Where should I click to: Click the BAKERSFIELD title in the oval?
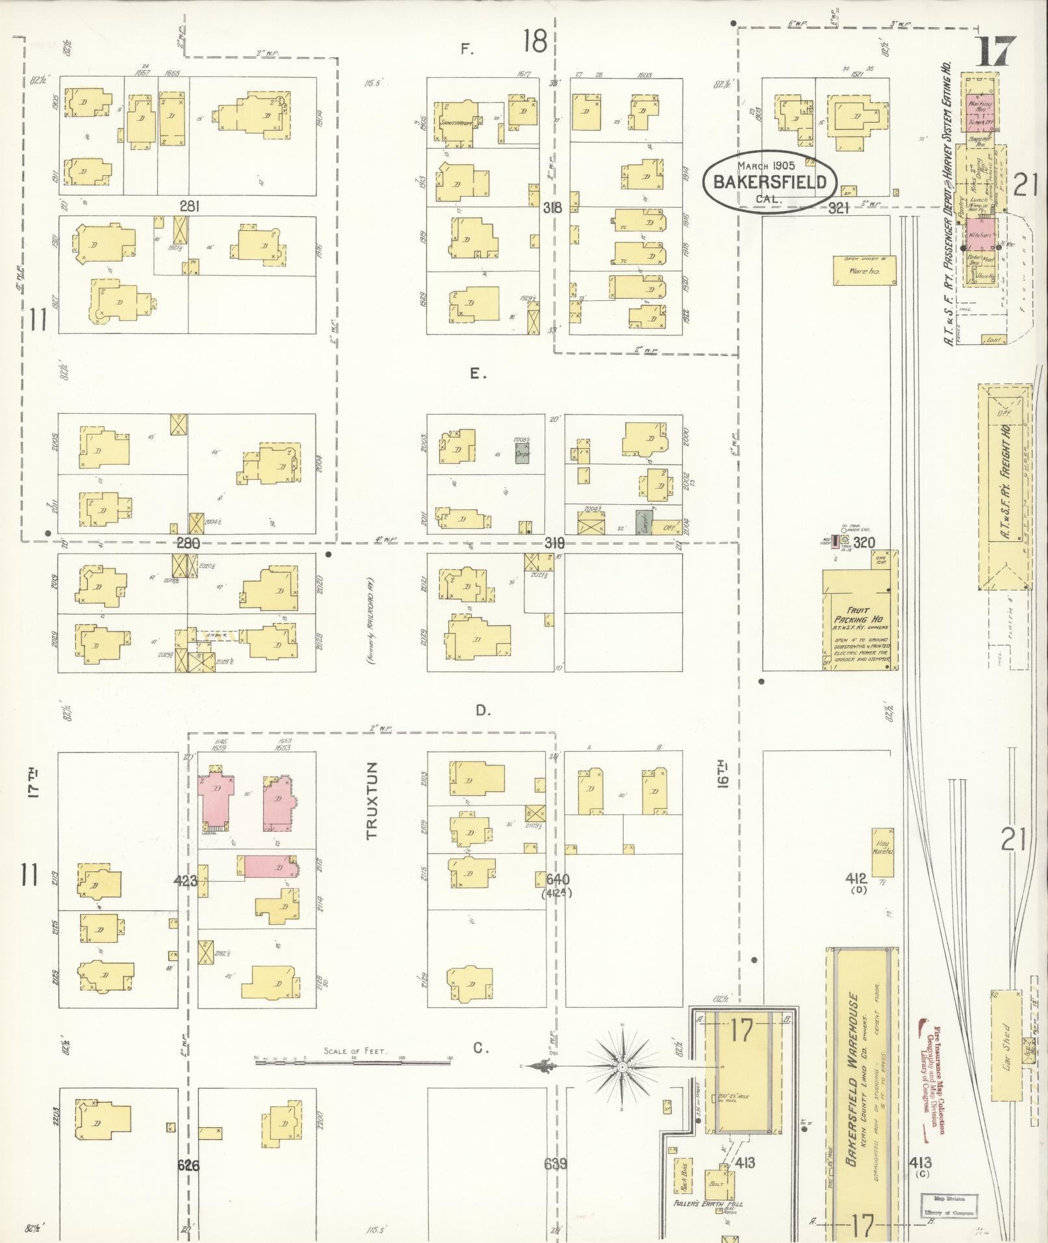[x=770, y=182]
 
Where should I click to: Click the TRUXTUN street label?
[x=372, y=801]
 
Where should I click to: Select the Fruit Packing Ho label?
[x=856, y=606]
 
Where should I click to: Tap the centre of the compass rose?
[x=622, y=1066]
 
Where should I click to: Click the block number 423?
[x=186, y=881]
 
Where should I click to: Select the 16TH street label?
[x=724, y=773]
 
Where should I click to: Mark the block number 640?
[x=557, y=879]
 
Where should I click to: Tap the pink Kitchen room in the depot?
[x=980, y=235]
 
